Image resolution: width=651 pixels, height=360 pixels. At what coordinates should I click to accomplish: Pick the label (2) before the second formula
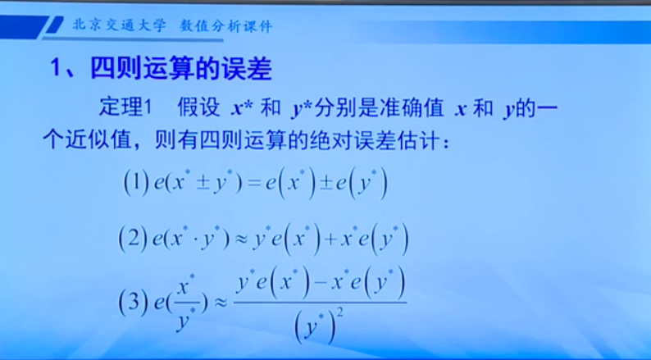(x=133, y=238)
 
